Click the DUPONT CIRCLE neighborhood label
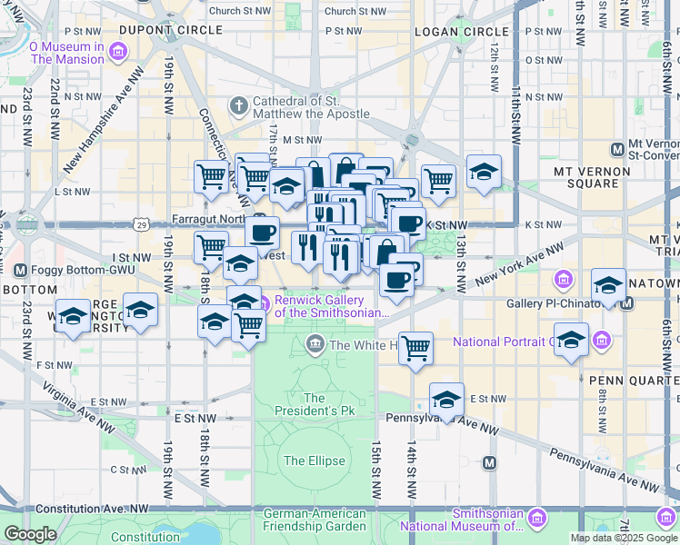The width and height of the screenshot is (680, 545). pyautogui.click(x=151, y=31)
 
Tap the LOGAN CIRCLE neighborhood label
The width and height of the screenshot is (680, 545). pyautogui.click(x=448, y=32)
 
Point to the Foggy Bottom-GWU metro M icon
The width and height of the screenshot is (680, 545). pyautogui.click(x=22, y=270)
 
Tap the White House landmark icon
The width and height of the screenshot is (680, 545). pyautogui.click(x=315, y=344)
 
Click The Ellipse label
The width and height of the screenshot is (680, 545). pyautogui.click(x=314, y=461)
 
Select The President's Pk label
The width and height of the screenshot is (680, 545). pyautogui.click(x=314, y=404)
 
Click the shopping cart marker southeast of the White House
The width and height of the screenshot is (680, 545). pyautogui.click(x=415, y=347)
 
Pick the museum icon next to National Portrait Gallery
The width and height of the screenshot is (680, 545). pyautogui.click(x=600, y=342)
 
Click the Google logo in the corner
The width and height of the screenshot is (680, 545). pyautogui.click(x=30, y=534)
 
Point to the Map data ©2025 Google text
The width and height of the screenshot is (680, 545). pyautogui.click(x=624, y=538)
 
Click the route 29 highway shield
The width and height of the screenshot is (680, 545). pyautogui.click(x=141, y=223)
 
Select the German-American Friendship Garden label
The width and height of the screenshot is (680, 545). pyautogui.click(x=314, y=520)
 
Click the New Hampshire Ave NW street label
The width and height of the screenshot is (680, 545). pyautogui.click(x=109, y=113)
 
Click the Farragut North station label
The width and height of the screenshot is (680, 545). pyautogui.click(x=209, y=221)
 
